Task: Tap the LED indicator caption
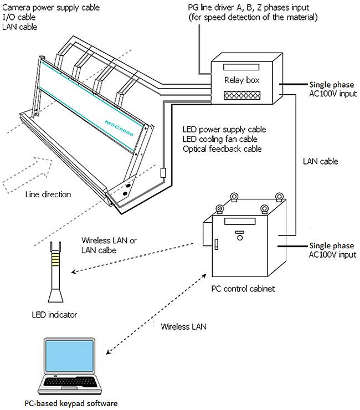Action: [x=54, y=315]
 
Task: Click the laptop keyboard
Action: [x=72, y=384]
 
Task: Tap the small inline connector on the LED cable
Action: [x=163, y=173]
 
